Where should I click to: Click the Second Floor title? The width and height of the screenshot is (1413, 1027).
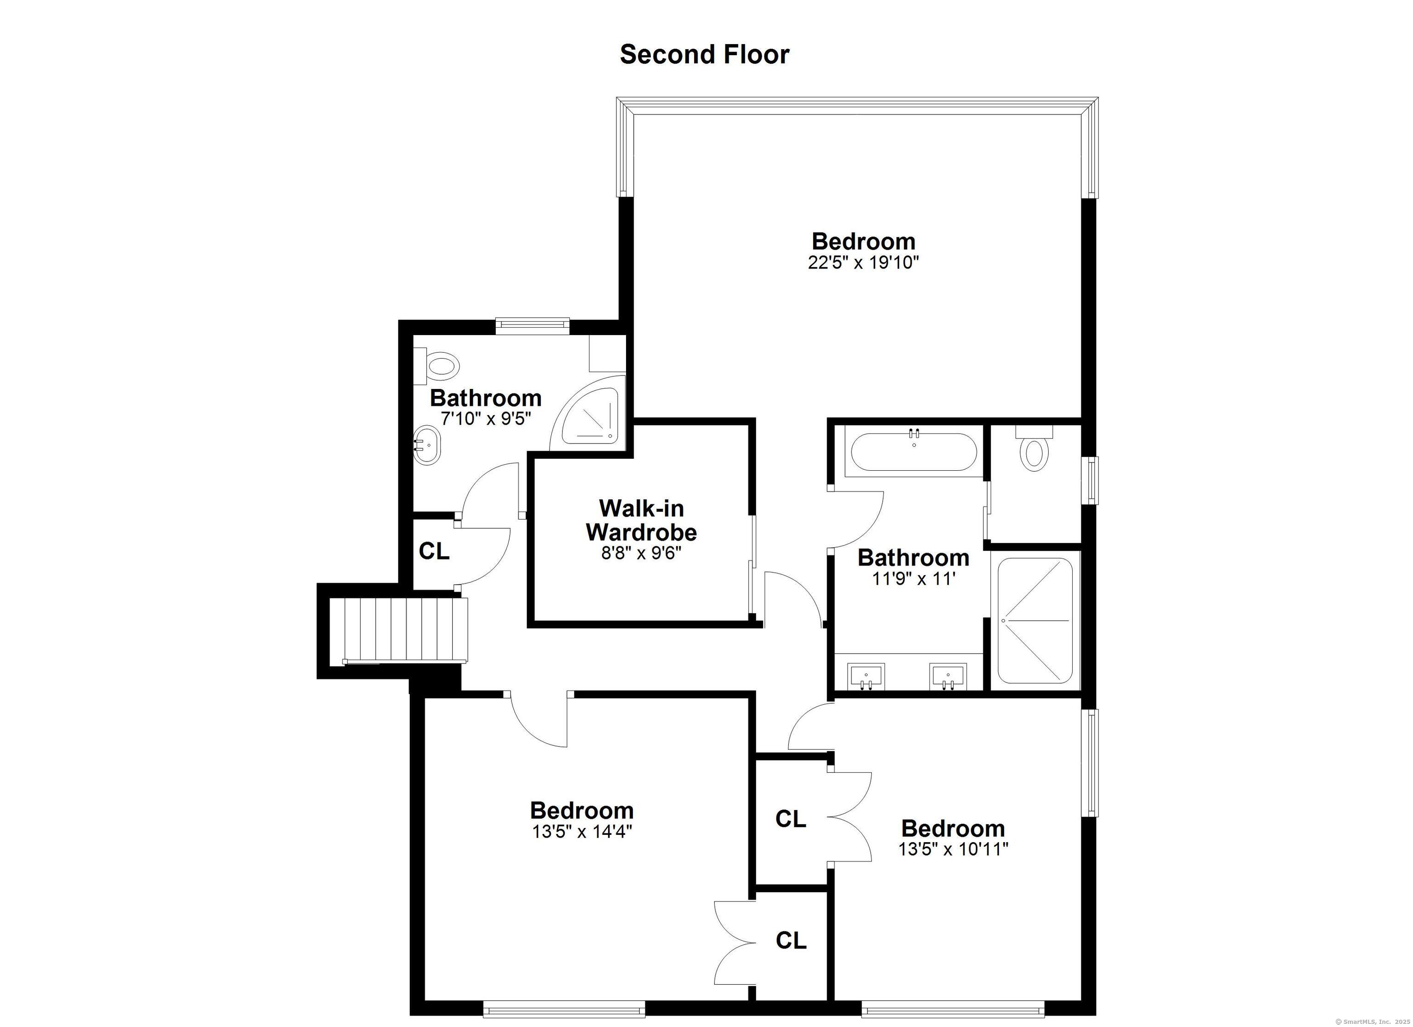[x=704, y=55]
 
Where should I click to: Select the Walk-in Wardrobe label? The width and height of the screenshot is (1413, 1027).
[x=641, y=520]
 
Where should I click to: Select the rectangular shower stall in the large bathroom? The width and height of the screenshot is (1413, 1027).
[x=1035, y=620]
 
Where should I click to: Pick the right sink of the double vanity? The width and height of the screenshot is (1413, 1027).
[x=948, y=676]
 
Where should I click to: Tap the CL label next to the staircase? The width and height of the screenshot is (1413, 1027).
[x=434, y=551]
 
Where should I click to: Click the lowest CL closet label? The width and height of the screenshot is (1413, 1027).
[x=791, y=940]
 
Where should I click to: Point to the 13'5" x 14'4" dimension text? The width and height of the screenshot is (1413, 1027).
[x=582, y=832]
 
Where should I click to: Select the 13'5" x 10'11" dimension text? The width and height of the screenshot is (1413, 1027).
[x=953, y=849]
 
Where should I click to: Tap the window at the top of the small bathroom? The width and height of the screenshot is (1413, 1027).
[x=533, y=323]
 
